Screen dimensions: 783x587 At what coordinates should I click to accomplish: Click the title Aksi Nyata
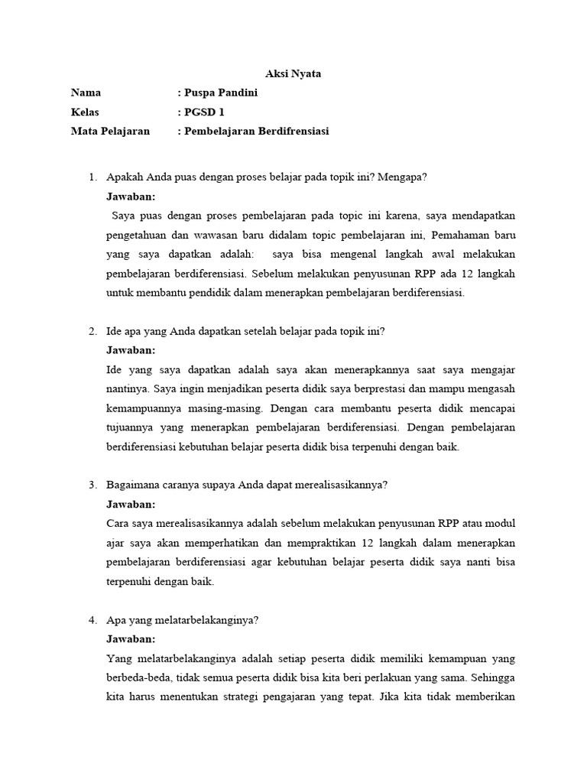[x=293, y=74]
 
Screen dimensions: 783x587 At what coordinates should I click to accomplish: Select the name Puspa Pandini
[x=221, y=93]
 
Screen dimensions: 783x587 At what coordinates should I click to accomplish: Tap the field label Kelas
[x=86, y=112]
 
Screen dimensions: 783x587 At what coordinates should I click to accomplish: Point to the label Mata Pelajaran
[x=110, y=132]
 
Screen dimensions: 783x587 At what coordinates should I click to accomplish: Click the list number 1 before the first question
[x=92, y=177]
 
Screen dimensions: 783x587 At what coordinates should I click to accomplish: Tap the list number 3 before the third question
[x=92, y=485]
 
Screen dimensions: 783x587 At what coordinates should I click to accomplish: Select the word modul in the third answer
[x=501, y=524]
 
